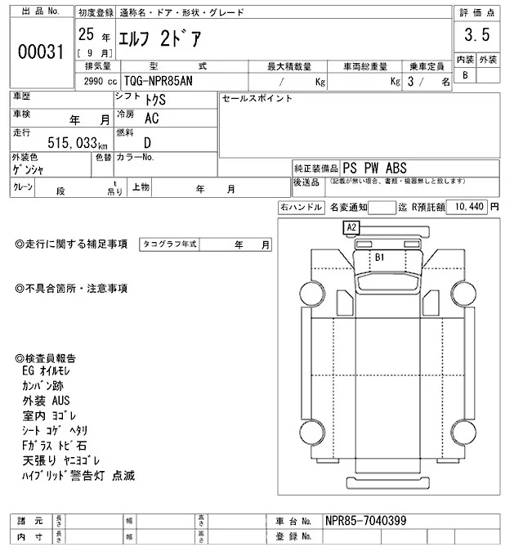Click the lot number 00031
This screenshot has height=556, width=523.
click(x=41, y=52)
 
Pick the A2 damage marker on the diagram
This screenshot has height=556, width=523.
click(x=352, y=226)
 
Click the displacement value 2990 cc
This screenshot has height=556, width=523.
click(x=96, y=82)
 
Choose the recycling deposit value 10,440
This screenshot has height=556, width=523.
click(x=467, y=207)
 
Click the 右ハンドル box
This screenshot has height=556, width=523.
click(x=301, y=208)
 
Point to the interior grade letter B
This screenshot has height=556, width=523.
click(x=465, y=75)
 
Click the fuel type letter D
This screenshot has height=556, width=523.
click(x=147, y=142)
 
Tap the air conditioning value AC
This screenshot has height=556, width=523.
click(x=151, y=118)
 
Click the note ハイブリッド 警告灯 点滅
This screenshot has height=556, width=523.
click(x=78, y=475)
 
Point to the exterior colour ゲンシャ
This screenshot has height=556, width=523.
click(x=29, y=169)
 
